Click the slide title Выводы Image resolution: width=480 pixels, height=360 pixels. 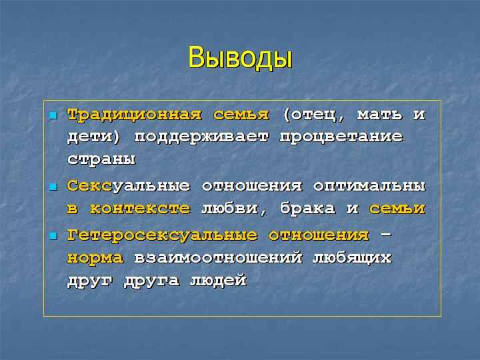coord(240,58)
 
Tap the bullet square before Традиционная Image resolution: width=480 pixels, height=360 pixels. coord(53,116)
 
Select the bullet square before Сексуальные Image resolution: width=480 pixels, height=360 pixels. coord(53,187)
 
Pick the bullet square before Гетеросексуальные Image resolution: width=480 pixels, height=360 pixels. coord(53,236)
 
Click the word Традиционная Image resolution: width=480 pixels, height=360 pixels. coord(135,115)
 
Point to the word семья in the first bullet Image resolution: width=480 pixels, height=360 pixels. coord(241,115)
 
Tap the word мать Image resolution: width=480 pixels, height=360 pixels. coord(379,115)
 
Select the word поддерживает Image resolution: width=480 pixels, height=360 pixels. coord(201,137)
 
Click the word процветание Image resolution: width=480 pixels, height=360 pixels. coord(341,137)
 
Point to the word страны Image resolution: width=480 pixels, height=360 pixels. coord(101,159)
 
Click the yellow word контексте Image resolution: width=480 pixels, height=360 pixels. coord(140,209)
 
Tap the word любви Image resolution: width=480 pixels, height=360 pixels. coord(230,209)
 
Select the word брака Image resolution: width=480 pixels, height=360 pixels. coord(307,209)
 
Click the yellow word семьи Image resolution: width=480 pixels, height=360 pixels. coord(397,209)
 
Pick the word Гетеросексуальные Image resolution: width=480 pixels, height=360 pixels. coord(162,236)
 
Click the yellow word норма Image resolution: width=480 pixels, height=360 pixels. coord(95,258)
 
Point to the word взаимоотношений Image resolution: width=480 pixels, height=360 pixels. coord(218,257)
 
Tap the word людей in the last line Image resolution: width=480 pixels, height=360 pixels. coord(218,281)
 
